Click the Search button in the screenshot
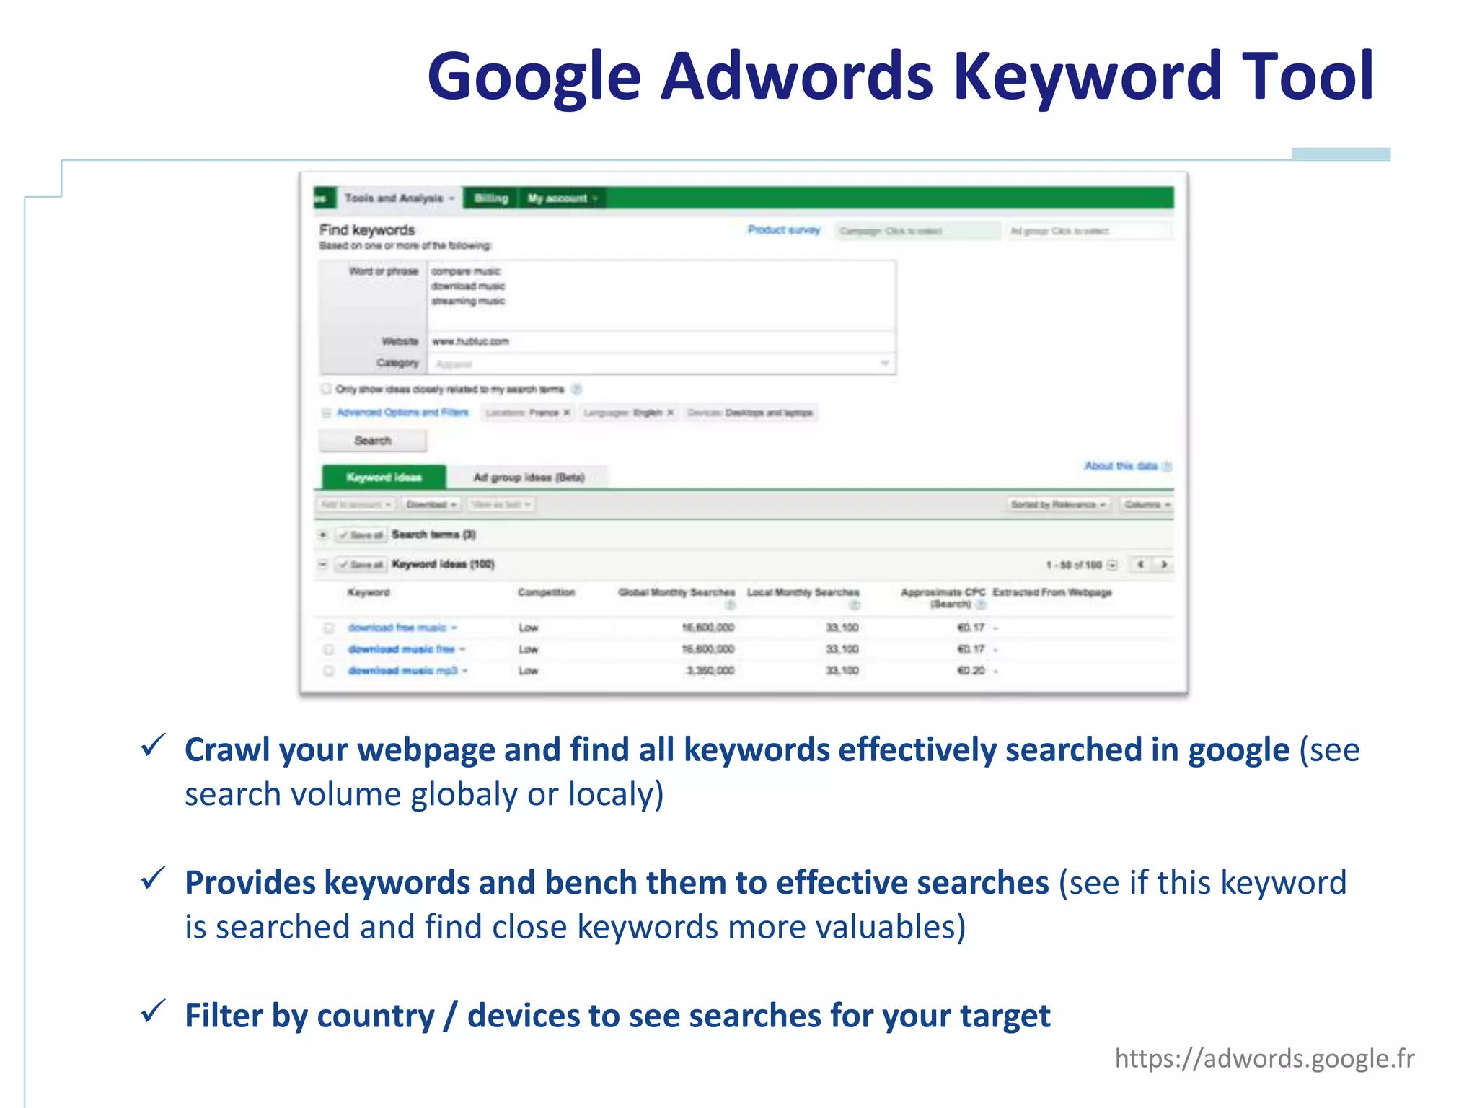373,441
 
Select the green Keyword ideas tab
384,478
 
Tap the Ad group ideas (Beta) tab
529,478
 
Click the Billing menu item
491,198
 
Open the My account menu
562,198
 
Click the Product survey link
784,230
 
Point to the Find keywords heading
367,230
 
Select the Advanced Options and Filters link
402,413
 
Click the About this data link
1121,466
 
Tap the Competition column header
546,592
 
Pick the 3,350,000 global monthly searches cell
710,671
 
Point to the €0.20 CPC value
971,671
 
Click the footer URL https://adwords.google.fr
1264,1058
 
